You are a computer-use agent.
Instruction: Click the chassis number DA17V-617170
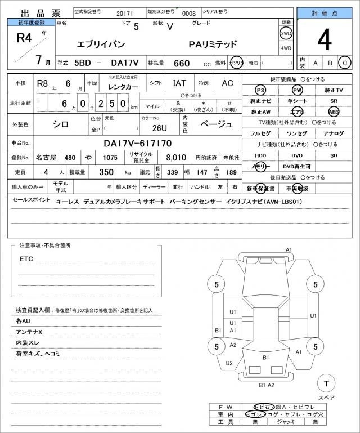(137, 144)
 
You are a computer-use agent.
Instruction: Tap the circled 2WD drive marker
(286, 33)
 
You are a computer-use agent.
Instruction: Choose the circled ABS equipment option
(334, 111)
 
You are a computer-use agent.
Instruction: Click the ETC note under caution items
(26, 259)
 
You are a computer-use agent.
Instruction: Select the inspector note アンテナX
(29, 332)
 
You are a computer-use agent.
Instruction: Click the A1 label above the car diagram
(289, 249)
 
